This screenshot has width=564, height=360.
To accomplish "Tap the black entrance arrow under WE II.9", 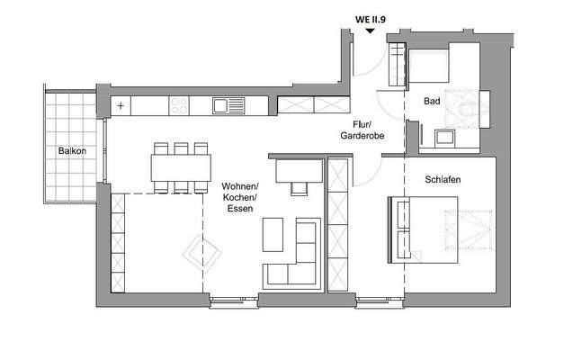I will click(370, 31).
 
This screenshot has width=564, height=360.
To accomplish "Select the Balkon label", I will click(72, 150).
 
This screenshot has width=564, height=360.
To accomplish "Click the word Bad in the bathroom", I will click(432, 102).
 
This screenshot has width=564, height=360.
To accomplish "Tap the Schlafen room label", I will click(443, 180).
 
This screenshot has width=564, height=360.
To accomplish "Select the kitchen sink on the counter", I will click(222, 106).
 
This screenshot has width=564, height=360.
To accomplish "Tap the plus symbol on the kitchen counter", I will click(121, 105).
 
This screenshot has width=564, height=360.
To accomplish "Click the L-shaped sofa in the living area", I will click(297, 256).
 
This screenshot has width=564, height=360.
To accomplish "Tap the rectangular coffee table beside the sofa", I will click(272, 235).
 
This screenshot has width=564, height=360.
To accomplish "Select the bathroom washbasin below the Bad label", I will click(443, 138).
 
